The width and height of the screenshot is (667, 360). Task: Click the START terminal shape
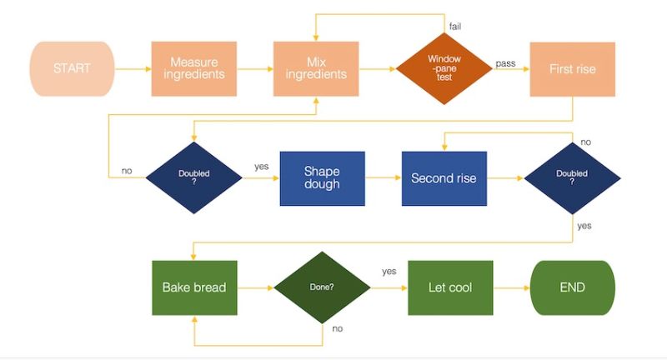click(x=71, y=68)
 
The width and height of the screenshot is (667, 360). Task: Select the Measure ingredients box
click(x=193, y=68)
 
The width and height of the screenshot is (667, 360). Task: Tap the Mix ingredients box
click(x=316, y=68)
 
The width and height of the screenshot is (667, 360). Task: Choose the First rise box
click(x=572, y=69)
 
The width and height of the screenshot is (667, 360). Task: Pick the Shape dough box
click(x=322, y=178)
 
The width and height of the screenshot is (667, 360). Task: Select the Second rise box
click(x=444, y=178)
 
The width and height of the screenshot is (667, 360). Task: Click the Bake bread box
click(x=193, y=287)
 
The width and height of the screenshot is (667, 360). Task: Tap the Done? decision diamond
click(x=322, y=287)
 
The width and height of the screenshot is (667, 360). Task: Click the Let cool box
click(x=449, y=287)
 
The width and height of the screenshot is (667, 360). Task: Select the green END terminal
click(x=572, y=287)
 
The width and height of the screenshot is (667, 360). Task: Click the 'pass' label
click(x=505, y=62)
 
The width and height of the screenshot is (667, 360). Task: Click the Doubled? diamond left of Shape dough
click(x=193, y=178)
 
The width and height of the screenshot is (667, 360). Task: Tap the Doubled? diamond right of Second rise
click(x=572, y=178)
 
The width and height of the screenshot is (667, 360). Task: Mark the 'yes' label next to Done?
click(x=389, y=272)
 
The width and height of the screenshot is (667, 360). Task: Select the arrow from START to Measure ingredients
click(x=132, y=68)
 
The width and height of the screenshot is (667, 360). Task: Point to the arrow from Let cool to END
click(x=512, y=287)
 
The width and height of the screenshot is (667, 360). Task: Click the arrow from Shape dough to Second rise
click(x=384, y=178)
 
